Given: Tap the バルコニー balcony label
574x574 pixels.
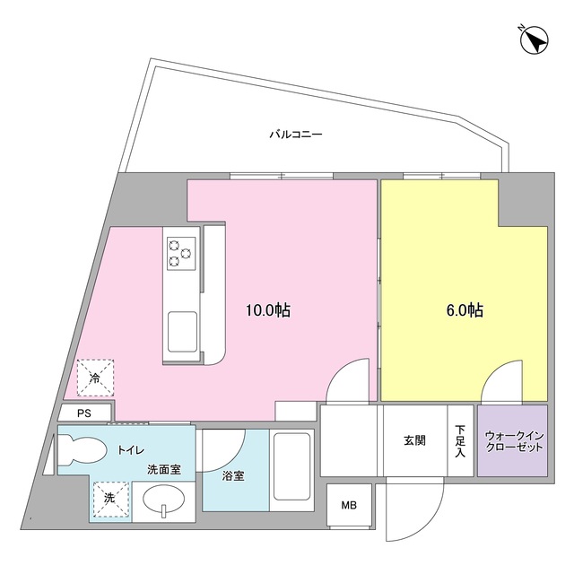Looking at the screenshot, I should (295, 135).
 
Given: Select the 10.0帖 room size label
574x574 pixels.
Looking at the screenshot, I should (268, 310).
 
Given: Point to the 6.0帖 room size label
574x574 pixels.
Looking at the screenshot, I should (465, 310).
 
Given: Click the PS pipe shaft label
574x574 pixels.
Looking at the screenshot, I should (84, 413).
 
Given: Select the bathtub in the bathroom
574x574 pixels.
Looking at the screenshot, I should (291, 472).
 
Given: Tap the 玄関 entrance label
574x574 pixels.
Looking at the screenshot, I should (414, 440).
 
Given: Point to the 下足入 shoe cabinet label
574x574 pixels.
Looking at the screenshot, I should (460, 440).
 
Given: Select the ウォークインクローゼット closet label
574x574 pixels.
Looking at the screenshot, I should (510, 440).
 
